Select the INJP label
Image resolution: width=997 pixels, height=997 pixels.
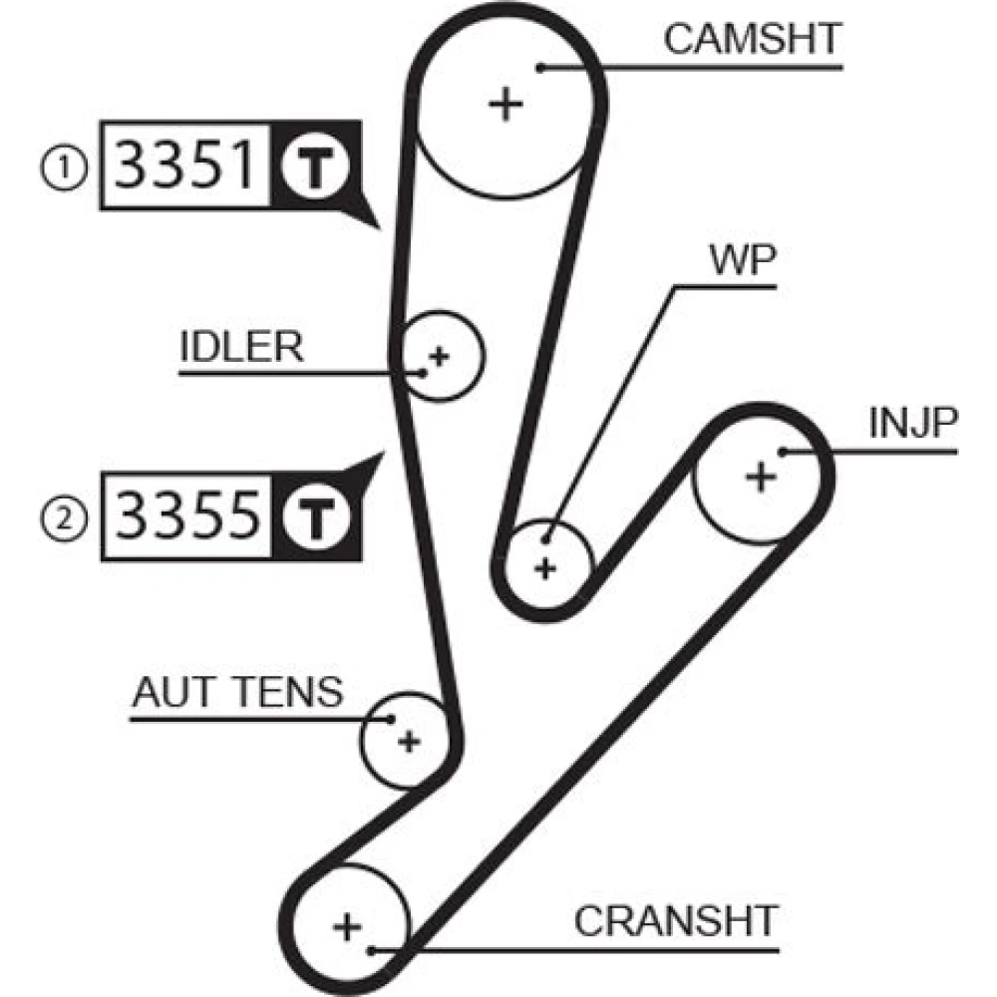tap(913, 425)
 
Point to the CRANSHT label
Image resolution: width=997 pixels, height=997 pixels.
tap(676, 921)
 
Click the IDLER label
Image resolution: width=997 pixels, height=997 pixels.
tap(241, 347)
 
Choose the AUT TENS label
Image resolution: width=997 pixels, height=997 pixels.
tap(237, 691)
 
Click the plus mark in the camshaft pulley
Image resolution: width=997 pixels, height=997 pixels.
tap(507, 104)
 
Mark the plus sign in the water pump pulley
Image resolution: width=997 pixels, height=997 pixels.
tap(544, 568)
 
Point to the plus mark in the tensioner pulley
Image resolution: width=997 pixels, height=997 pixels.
tap(408, 741)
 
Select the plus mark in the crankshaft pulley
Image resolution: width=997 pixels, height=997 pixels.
tap(347, 927)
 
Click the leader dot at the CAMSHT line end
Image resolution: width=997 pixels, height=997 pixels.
tap(539, 68)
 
